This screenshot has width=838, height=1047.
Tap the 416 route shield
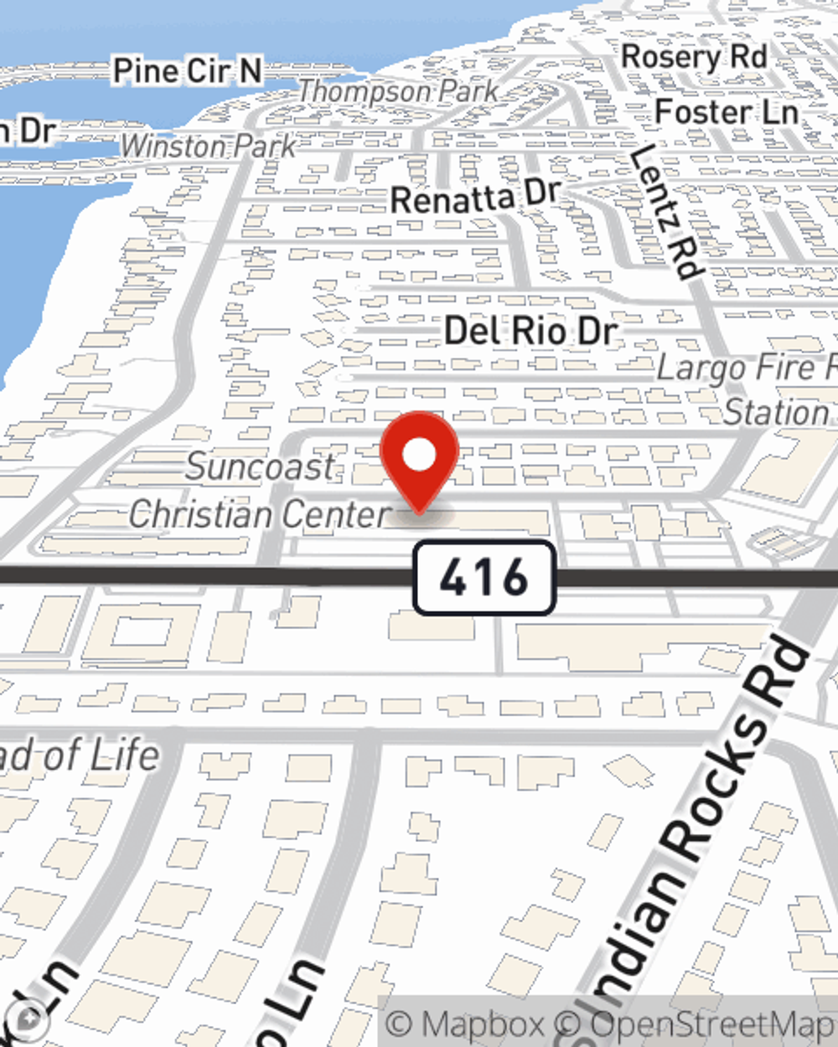(484, 577)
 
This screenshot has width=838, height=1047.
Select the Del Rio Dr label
(531, 332)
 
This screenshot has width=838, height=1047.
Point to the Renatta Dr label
(474, 198)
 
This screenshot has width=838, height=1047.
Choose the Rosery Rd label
(694, 58)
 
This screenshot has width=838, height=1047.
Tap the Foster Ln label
(727, 112)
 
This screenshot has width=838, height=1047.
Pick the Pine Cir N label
(188, 71)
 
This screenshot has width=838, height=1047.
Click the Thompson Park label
(399, 91)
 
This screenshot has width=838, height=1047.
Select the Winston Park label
(209, 147)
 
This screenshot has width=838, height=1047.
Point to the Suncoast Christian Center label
(261, 490)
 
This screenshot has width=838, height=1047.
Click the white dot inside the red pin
(419, 456)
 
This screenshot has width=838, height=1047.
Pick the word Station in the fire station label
(776, 413)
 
